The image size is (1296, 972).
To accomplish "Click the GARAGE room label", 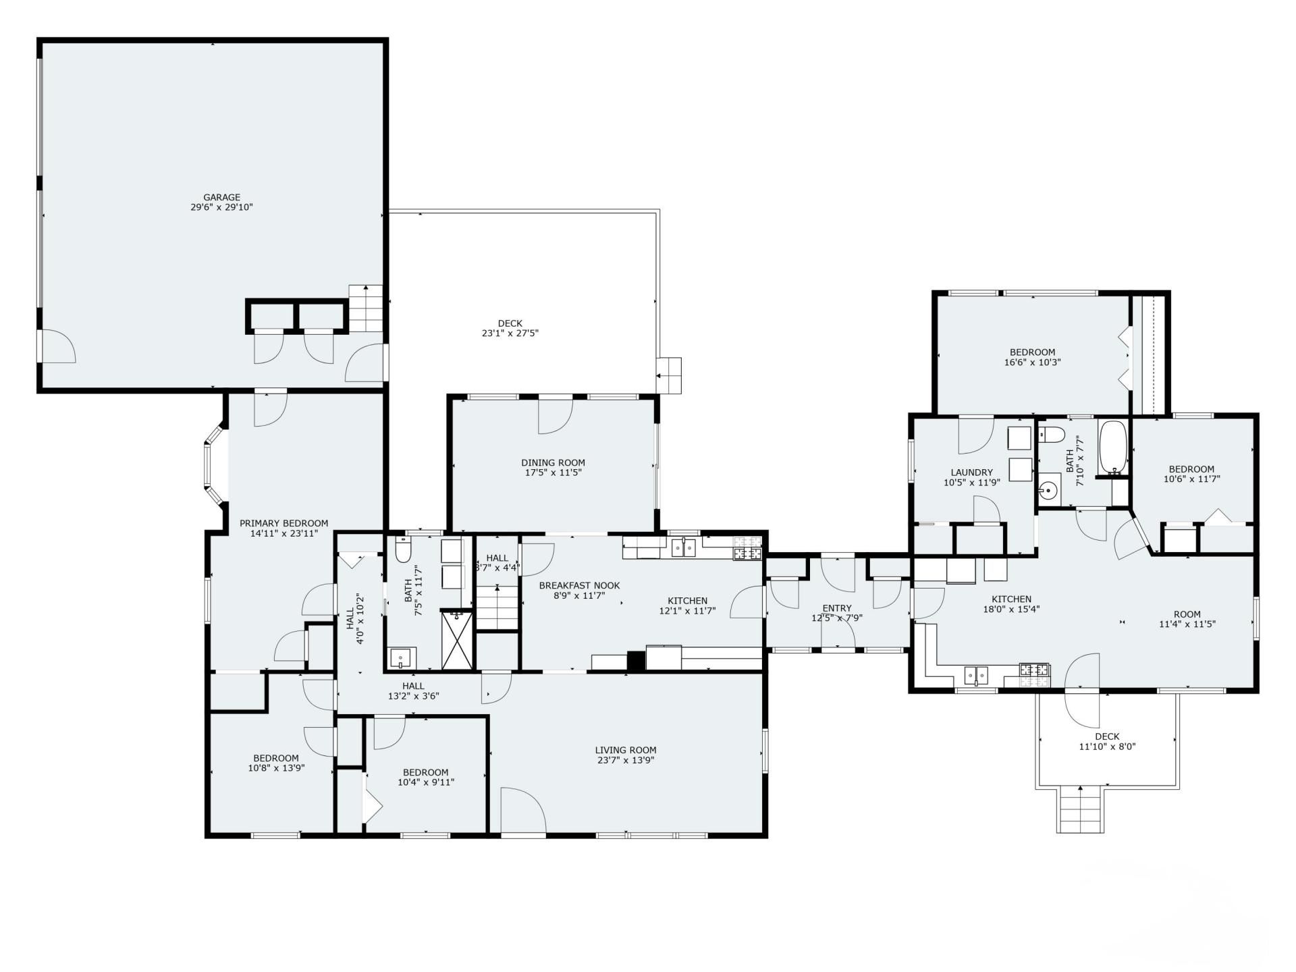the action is (x=221, y=198).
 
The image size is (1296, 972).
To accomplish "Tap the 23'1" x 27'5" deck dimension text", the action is (x=510, y=333).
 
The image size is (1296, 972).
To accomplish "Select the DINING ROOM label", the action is (x=553, y=462).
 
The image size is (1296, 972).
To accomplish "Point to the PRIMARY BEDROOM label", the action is (x=283, y=523).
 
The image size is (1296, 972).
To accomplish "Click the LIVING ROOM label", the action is (x=626, y=750).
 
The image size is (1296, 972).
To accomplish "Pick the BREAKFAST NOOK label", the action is (x=579, y=586).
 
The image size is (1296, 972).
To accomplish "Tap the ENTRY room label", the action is (x=837, y=608).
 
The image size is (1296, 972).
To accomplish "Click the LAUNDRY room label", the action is (x=971, y=473).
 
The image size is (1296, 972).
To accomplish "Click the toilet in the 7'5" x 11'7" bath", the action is (x=403, y=551).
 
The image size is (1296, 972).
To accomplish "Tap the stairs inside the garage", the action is (x=366, y=308).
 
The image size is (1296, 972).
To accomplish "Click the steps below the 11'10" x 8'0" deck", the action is (x=1081, y=810).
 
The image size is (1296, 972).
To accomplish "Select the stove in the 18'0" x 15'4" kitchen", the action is (x=1035, y=670).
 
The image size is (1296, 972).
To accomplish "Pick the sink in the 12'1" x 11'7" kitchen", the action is (x=684, y=547).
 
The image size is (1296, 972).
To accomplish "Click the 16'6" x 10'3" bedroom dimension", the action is (x=1032, y=362).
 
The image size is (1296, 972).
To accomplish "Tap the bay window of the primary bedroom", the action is (x=215, y=463).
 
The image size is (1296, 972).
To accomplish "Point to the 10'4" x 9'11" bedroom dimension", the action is (x=425, y=782).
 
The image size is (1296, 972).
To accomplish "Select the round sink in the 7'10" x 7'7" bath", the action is (x=1048, y=490).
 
